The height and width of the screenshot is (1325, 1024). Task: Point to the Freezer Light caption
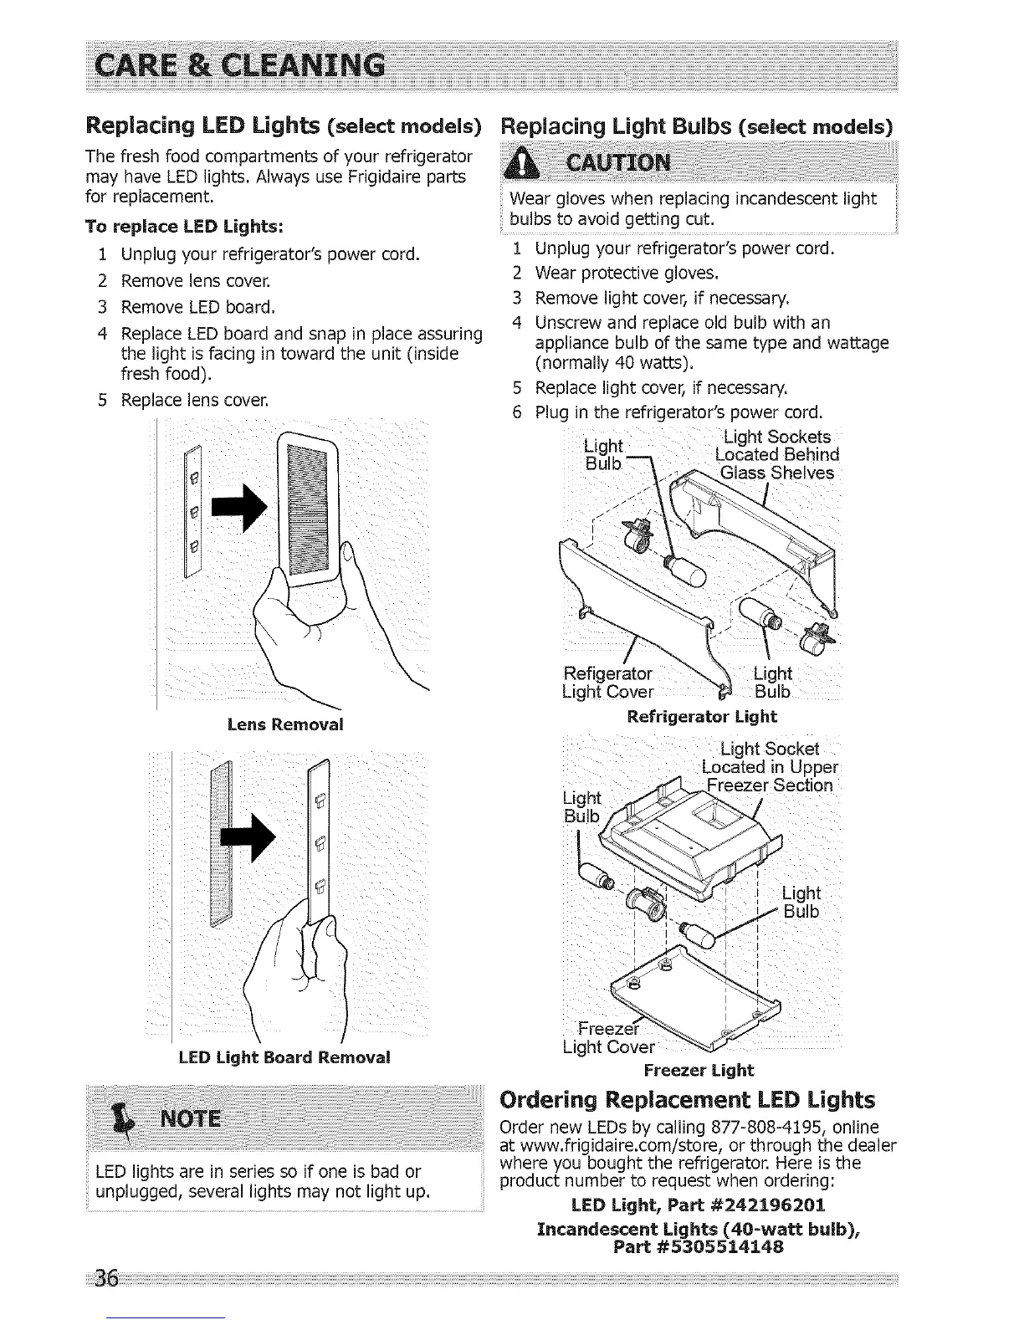point(699,1071)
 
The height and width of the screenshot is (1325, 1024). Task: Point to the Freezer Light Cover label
point(608,1038)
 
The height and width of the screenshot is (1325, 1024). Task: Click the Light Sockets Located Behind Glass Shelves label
point(777,455)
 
